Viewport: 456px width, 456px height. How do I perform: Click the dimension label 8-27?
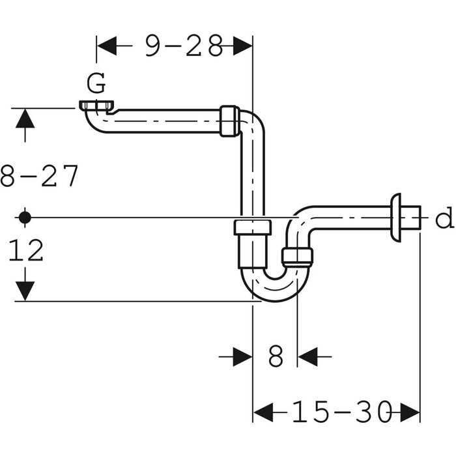tap(40, 177)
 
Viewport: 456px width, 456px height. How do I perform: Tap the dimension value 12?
tap(27, 250)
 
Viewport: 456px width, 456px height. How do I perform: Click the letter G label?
tap(96, 83)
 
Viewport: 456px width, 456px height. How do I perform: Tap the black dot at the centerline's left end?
tap(25, 217)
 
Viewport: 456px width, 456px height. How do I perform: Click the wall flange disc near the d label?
tap(395, 216)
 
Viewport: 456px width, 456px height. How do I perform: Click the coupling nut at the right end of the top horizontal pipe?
tap(227, 121)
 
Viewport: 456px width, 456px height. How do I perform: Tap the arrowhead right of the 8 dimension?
tap(306, 356)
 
